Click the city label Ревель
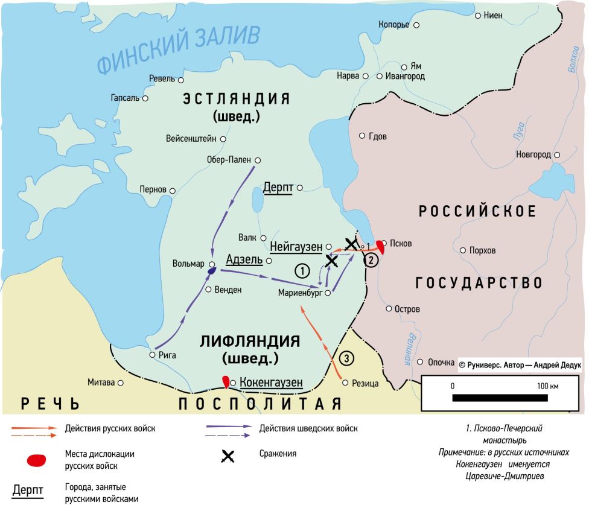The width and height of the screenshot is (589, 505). (162, 79)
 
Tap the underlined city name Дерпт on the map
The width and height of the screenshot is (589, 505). (278, 188)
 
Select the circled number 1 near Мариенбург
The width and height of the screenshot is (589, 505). (302, 270)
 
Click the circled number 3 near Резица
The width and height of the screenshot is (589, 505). (346, 358)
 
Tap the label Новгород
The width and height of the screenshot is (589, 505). (533, 155)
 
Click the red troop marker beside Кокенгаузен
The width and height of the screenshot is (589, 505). (226, 382)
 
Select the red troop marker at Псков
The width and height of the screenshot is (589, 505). (380, 246)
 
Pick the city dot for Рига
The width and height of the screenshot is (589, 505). (152, 355)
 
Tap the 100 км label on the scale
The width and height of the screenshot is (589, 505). (546, 386)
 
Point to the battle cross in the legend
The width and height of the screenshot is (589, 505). (228, 457)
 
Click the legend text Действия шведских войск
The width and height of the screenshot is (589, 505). (308, 429)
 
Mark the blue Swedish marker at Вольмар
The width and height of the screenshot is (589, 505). (211, 272)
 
